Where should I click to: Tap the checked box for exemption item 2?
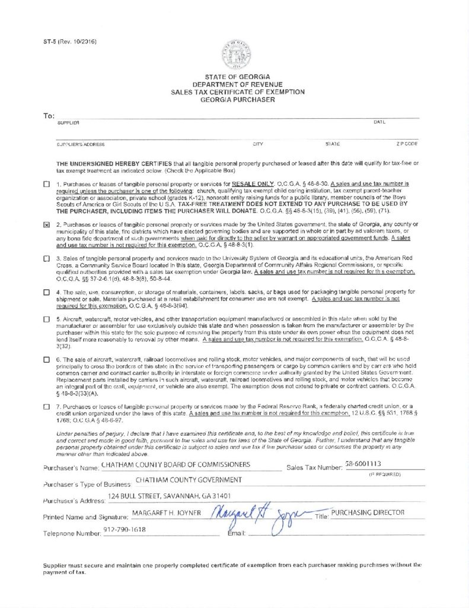pyautogui.click(x=46, y=225)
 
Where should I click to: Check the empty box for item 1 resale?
pyautogui.click(x=46, y=184)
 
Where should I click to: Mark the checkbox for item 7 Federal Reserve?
pyautogui.click(x=46, y=407)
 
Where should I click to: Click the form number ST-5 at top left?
pyautogui.click(x=69, y=41)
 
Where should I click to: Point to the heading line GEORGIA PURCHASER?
pyautogui.click(x=237, y=100)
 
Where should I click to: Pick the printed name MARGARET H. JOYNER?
pyautogui.click(x=167, y=512)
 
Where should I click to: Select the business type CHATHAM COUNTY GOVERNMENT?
pyautogui.click(x=189, y=480)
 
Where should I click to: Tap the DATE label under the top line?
pyautogui.click(x=379, y=122)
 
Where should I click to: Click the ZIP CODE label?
pyautogui.click(x=407, y=144)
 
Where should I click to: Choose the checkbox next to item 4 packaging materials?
pyautogui.click(x=46, y=293)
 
